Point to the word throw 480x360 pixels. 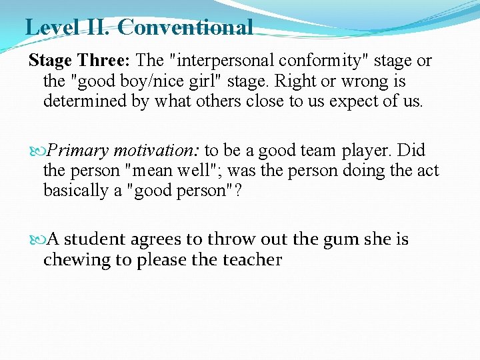[x=231, y=239]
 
